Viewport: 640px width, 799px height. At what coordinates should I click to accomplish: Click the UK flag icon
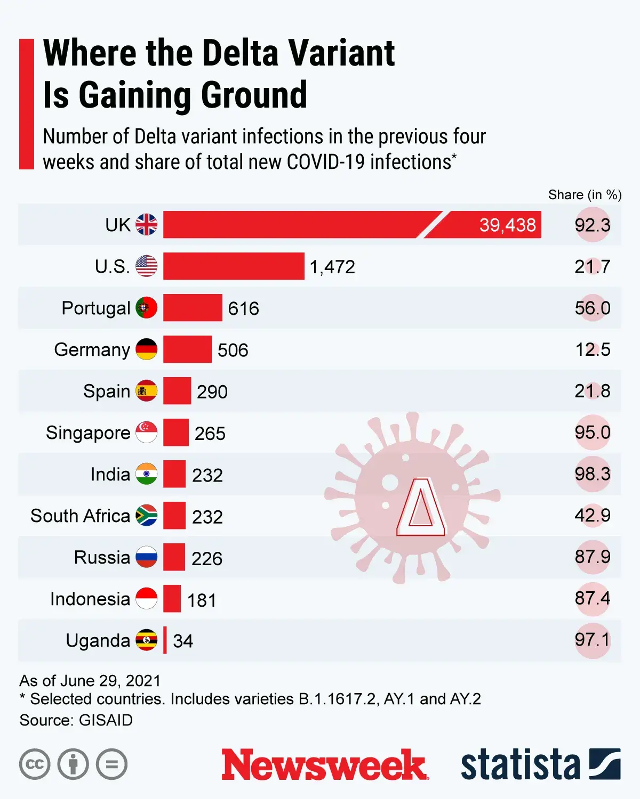[146, 224]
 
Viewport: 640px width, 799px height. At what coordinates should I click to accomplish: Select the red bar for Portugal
[193, 307]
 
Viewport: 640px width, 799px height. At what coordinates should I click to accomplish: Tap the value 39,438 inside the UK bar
[507, 225]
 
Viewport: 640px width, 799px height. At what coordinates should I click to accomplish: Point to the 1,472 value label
[332, 266]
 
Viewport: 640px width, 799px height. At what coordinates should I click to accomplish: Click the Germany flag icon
[146, 349]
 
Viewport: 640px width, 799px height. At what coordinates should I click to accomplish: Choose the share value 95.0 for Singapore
[592, 432]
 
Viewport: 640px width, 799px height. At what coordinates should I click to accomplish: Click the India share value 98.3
[592, 474]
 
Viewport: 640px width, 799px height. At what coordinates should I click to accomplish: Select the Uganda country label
[98, 640]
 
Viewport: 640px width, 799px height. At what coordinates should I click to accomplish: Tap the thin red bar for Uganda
[165, 640]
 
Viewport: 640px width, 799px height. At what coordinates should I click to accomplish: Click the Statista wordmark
[520, 765]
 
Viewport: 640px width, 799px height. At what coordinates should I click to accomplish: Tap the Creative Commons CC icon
[35, 764]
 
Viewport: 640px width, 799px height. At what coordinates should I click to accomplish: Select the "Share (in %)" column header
[585, 195]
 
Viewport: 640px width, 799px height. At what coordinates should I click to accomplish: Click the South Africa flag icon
[146, 515]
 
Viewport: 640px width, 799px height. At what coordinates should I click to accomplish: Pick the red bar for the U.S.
[234, 266]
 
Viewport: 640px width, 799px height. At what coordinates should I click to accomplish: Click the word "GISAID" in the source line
[106, 720]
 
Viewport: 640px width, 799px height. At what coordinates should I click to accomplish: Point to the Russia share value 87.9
[592, 557]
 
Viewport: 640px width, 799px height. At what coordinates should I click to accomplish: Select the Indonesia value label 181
[202, 600]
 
